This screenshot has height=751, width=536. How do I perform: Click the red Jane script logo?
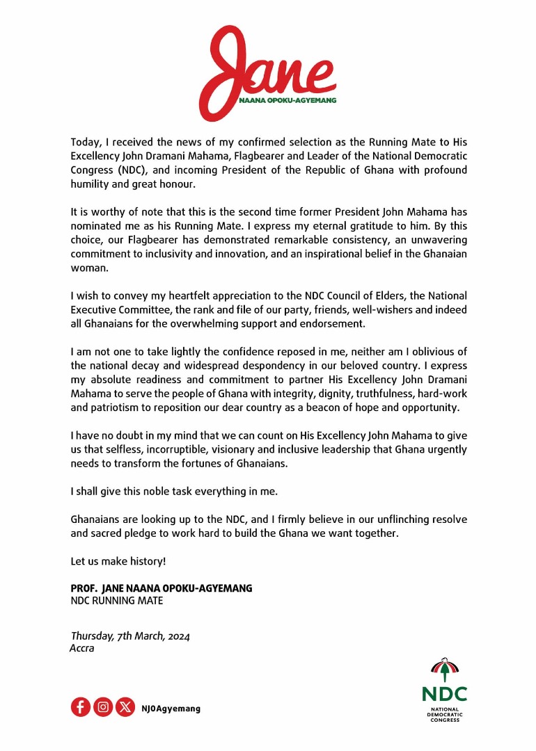coord(267,70)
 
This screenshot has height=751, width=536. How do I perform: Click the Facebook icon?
coord(81,708)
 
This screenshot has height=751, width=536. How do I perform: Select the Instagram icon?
coord(103,708)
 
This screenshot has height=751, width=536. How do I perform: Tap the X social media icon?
coord(125,708)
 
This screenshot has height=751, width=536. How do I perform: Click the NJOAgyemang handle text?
coord(171,709)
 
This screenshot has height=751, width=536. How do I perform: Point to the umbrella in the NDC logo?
coord(444,669)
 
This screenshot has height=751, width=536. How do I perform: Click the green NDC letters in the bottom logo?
coord(444,693)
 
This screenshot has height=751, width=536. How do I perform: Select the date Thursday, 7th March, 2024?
coord(130,636)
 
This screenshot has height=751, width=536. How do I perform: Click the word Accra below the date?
coord(82,648)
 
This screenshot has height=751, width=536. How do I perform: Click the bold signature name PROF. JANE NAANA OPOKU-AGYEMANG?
coord(161,588)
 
